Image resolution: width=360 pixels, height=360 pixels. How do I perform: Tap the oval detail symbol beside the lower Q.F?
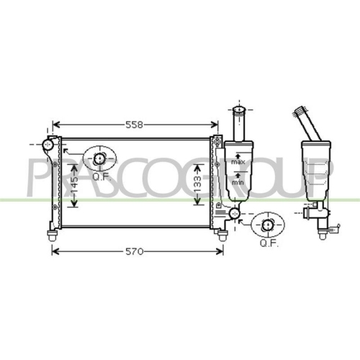pos(268,225)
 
